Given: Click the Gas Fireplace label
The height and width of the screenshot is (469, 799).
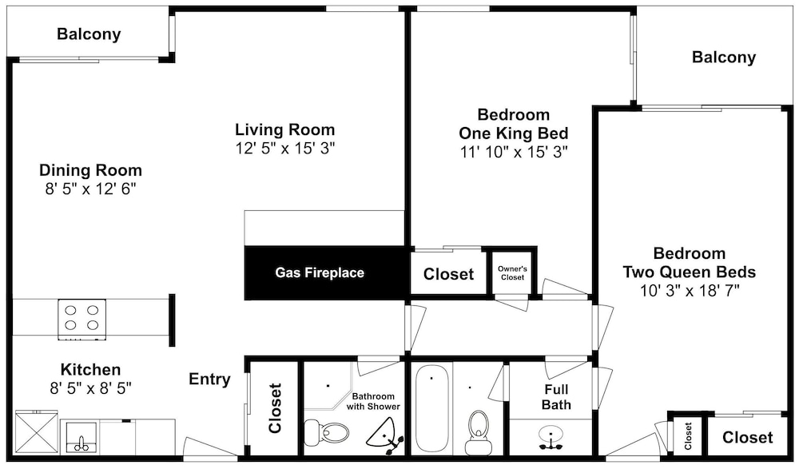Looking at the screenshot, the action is pyautogui.click(x=320, y=272).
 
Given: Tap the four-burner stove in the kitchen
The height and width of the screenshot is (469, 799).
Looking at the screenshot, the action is pyautogui.click(x=82, y=319).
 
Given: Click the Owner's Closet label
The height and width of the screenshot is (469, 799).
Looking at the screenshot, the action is pyautogui.click(x=513, y=272).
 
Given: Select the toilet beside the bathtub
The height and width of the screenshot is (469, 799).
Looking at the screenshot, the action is pyautogui.click(x=479, y=432).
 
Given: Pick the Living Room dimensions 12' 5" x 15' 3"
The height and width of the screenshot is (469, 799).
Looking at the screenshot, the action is pyautogui.click(x=285, y=149).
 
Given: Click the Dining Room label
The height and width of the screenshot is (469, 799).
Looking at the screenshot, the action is pyautogui.click(x=91, y=169).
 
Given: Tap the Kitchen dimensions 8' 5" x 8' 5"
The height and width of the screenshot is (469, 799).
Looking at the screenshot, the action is pyautogui.click(x=91, y=388).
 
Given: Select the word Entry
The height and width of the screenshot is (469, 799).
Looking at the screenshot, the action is pyautogui.click(x=209, y=380).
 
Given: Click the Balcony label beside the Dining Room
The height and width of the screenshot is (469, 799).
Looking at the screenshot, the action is pyautogui.click(x=89, y=34).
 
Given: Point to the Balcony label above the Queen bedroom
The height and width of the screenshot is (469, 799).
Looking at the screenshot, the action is pyautogui.click(x=724, y=57).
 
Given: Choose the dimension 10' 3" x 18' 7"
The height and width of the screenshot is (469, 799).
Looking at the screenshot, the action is pyautogui.click(x=690, y=291).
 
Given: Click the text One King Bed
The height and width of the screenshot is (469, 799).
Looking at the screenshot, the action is pyautogui.click(x=513, y=133).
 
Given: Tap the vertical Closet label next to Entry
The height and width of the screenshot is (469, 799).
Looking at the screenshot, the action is pyautogui.click(x=275, y=408).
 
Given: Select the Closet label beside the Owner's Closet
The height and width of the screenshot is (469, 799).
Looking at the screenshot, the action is pyautogui.click(x=448, y=274).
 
